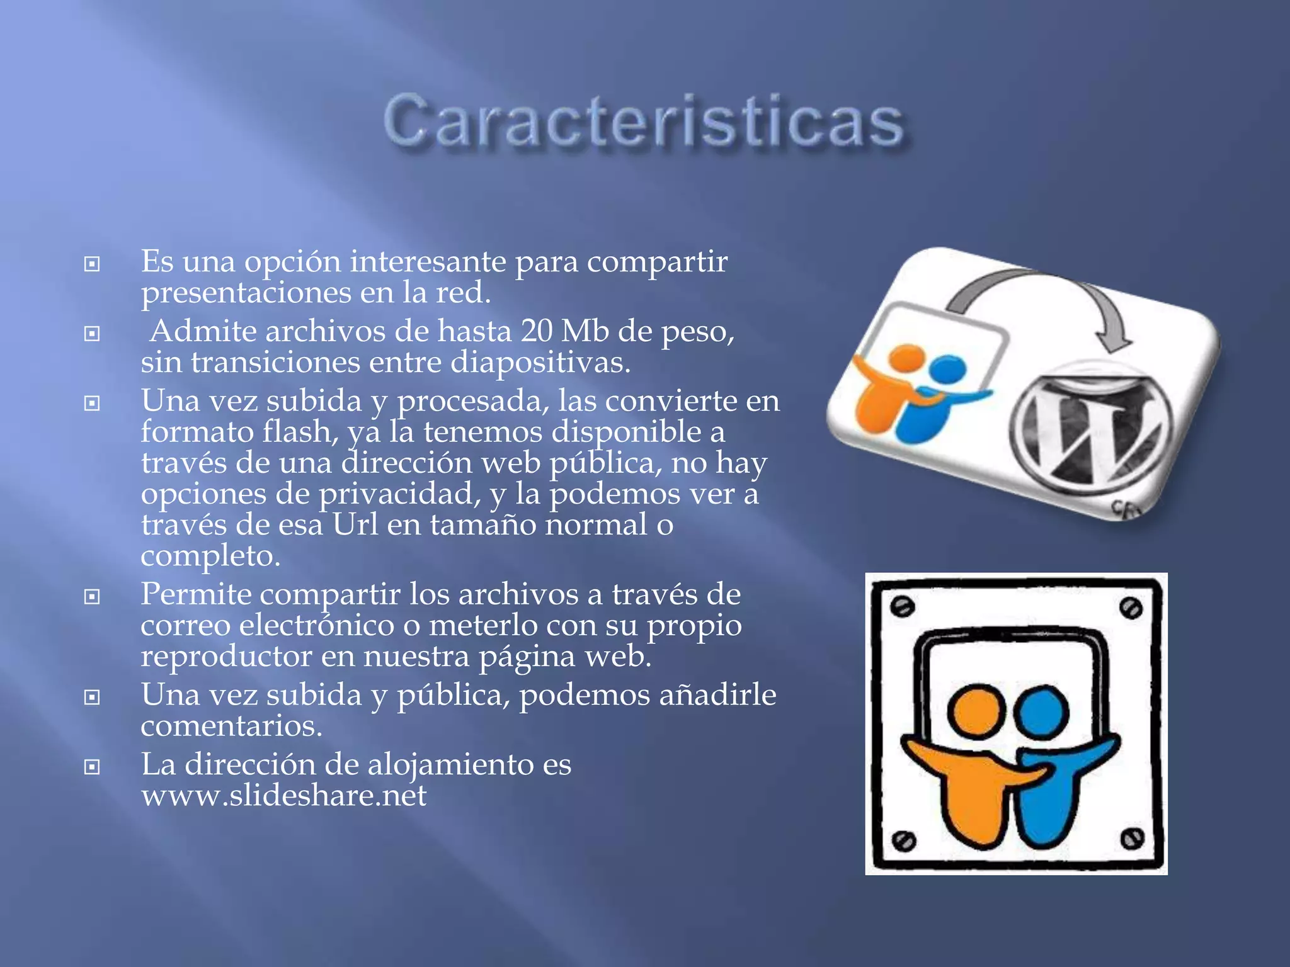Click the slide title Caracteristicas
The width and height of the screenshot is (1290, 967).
tap(644, 122)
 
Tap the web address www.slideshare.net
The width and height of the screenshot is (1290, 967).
tap(283, 796)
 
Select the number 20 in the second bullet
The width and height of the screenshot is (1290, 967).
tap(536, 331)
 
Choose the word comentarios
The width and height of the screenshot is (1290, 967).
tap(231, 727)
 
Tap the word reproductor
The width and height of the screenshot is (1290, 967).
tap(226, 657)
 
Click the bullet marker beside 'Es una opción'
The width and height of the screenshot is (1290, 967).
tap(92, 264)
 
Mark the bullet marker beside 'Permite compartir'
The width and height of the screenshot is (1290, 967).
tap(92, 596)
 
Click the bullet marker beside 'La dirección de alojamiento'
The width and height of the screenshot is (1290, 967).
tap(92, 767)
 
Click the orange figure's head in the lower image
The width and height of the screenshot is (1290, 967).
tap(976, 711)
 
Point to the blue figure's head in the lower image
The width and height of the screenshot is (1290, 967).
tap(1041, 712)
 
